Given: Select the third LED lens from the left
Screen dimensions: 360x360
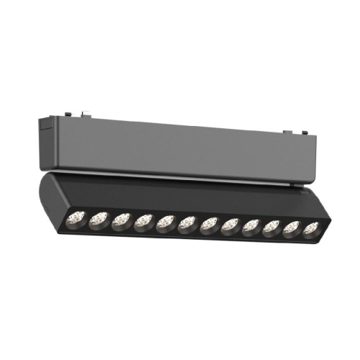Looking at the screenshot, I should (120, 218).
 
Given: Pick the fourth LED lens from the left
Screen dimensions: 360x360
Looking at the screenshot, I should (143, 220).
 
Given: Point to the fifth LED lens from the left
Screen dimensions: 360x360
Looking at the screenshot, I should (165, 221).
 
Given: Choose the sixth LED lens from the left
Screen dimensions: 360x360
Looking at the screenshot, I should (186, 222).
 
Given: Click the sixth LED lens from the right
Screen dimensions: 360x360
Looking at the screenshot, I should (208, 224).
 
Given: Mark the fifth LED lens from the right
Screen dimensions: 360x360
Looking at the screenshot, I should (230, 225).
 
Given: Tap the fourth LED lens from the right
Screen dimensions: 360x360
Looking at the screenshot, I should (251, 227).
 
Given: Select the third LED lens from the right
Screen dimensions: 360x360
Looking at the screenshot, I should (271, 228).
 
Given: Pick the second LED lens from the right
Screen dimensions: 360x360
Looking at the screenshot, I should (291, 230).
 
